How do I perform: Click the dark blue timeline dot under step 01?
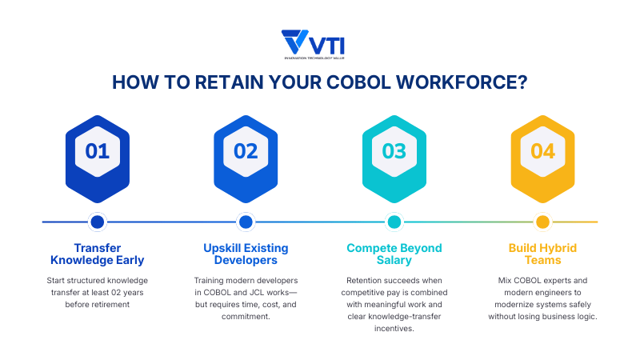(x=98, y=222)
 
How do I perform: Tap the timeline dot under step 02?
(x=246, y=222)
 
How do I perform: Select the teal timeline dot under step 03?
(x=394, y=222)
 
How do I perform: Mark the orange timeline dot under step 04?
(x=542, y=222)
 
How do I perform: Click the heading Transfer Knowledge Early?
(x=98, y=254)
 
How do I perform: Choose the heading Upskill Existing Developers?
(x=246, y=254)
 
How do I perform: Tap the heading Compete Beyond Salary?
(x=394, y=254)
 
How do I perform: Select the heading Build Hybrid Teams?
(x=542, y=254)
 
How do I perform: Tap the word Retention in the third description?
(x=367, y=281)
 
